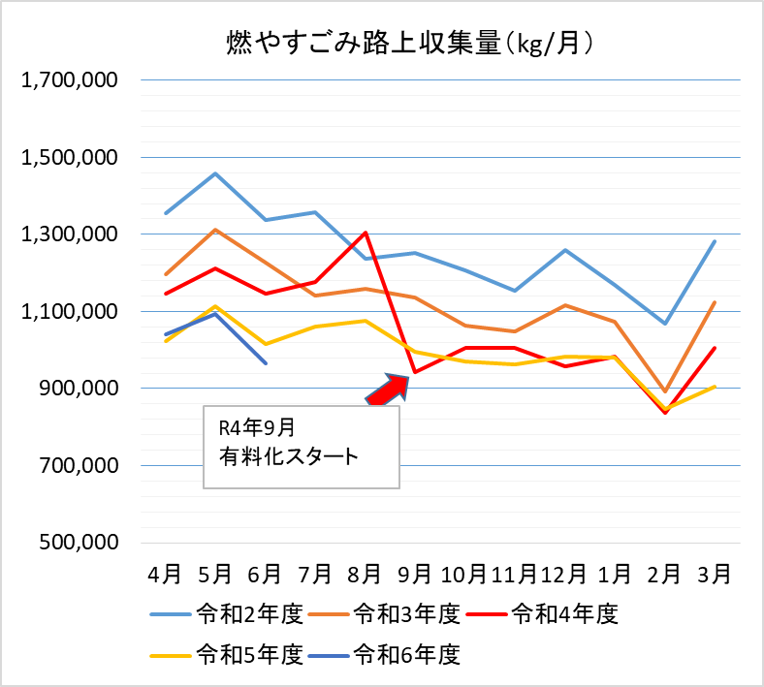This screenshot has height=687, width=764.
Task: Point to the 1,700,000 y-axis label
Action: (x=69, y=80)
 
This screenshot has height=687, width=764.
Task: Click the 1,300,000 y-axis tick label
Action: (x=69, y=234)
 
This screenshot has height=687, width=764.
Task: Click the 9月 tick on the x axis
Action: (x=414, y=573)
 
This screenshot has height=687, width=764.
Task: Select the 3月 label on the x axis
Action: (x=714, y=573)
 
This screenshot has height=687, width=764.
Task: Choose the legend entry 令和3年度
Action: (x=405, y=613)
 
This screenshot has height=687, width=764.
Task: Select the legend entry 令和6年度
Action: (x=405, y=654)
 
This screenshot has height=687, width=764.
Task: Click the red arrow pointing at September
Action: (x=390, y=390)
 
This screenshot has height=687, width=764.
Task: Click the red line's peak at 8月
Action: (x=365, y=233)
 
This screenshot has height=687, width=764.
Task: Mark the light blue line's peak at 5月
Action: (x=215, y=173)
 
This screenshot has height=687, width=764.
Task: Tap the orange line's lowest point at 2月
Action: (x=664, y=391)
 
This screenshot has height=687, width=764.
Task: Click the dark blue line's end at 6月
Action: (x=265, y=363)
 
